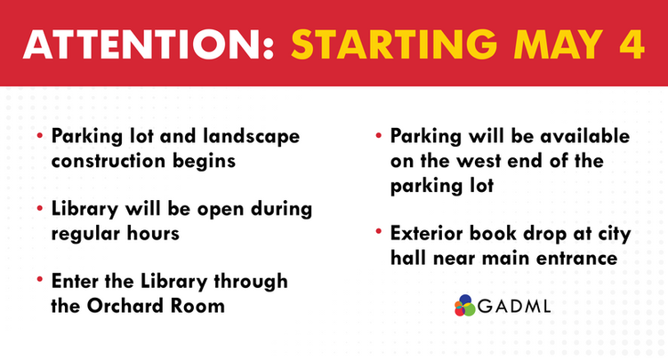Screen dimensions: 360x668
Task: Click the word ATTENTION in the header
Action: coord(141,45)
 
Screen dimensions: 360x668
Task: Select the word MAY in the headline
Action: coord(550,45)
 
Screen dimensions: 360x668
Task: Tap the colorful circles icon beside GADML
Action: coord(464,305)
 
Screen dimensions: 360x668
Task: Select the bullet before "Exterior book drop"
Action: coord(380,233)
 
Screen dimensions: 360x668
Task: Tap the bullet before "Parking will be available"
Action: coord(380,138)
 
